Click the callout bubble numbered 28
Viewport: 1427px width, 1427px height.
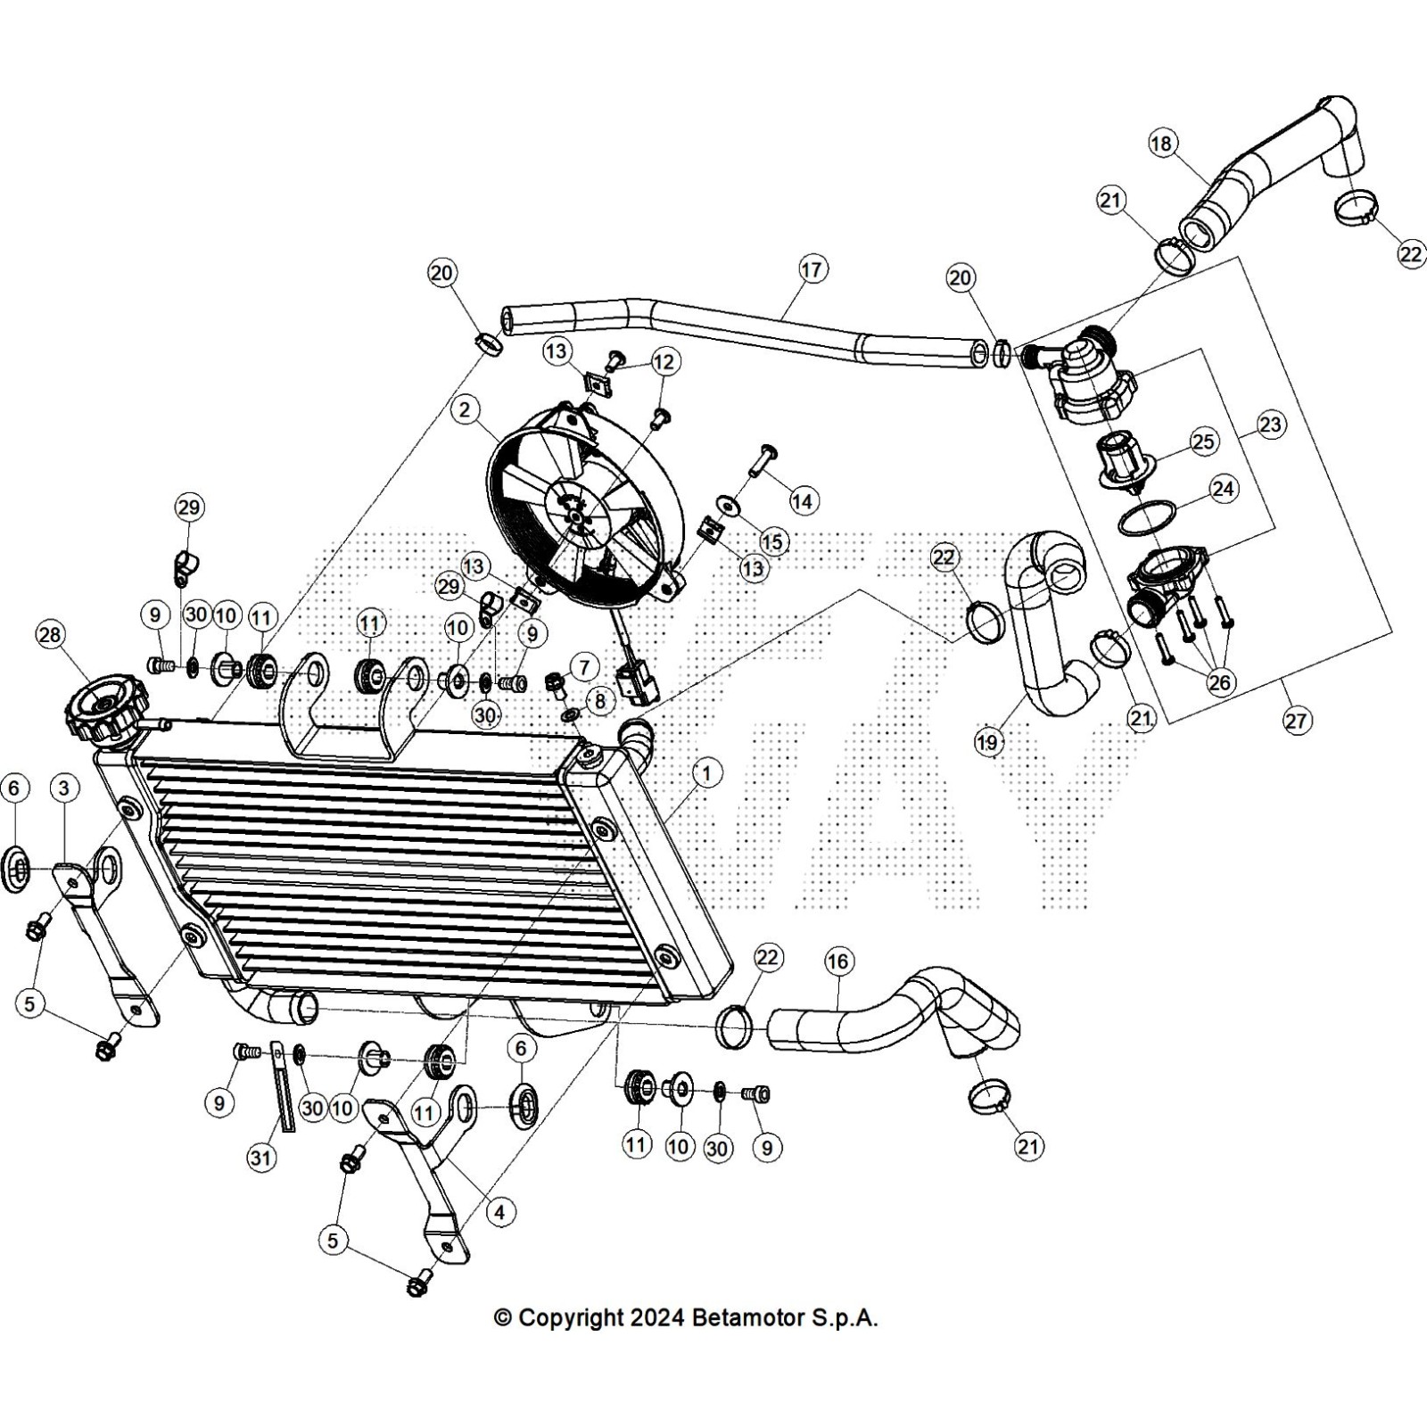50,634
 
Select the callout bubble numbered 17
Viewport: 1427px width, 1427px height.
812,268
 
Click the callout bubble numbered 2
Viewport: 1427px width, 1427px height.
464,410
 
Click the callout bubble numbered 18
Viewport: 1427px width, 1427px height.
1162,144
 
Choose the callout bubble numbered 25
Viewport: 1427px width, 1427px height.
1203,441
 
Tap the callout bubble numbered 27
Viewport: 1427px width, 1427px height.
1297,720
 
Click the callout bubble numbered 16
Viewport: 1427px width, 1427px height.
837,961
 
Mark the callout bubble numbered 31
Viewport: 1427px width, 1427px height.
261,1158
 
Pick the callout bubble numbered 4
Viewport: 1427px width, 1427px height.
499,1212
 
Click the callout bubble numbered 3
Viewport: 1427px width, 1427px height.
63,788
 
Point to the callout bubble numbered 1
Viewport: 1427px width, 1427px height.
707,773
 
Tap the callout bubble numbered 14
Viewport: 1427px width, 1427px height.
803,501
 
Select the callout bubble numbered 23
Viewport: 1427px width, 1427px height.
1270,425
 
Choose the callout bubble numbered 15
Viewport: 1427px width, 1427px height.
771,541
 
